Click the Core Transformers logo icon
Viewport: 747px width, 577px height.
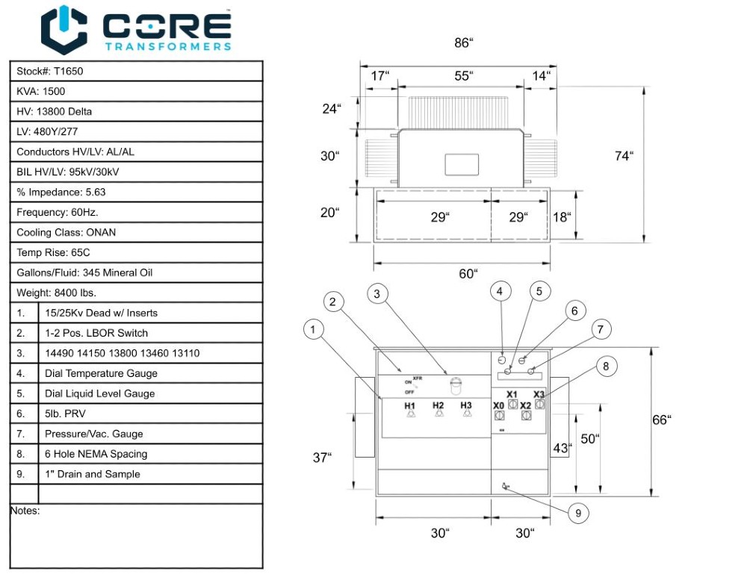click(x=63, y=30)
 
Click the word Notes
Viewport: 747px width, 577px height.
click(x=25, y=511)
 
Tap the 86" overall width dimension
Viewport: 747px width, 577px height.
click(x=464, y=43)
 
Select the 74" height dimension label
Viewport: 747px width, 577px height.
click(x=624, y=156)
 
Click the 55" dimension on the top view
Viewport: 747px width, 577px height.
click(x=464, y=76)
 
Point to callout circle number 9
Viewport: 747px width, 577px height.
click(x=577, y=514)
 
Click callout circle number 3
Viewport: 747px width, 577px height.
click(x=377, y=293)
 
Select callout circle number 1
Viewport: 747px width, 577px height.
click(x=314, y=328)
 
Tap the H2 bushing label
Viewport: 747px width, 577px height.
click(x=438, y=405)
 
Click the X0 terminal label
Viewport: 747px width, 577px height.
click(x=498, y=405)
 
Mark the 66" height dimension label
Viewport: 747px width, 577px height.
click(x=661, y=420)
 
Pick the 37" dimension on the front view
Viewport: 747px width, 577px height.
click(x=322, y=458)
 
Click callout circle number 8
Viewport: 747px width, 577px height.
click(x=606, y=366)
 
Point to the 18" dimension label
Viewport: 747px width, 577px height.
click(x=562, y=217)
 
